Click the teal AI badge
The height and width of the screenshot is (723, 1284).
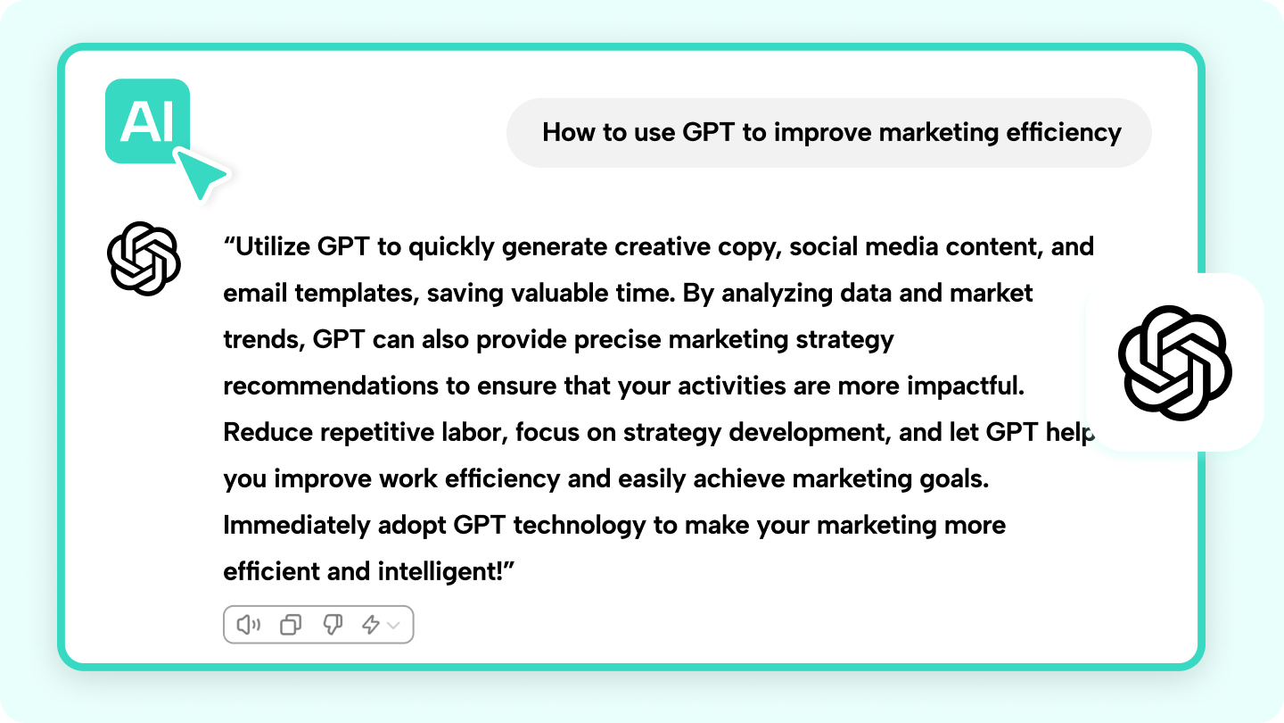point(147,121)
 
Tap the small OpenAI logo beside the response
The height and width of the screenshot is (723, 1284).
point(144,258)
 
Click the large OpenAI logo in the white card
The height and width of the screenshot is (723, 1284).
point(1174,362)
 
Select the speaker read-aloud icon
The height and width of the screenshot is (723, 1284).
point(249,624)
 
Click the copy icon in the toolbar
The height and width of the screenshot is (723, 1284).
point(291,624)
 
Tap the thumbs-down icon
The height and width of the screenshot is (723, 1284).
point(333,624)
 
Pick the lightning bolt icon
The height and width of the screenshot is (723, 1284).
point(371,624)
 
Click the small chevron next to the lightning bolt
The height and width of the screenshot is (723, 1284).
point(393,625)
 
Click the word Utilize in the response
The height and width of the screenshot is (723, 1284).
point(274,246)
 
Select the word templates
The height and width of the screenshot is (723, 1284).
point(357,294)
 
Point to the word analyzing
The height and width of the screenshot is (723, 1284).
point(777,294)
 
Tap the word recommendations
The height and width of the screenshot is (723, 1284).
point(331,386)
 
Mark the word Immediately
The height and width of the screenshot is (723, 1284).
point(296,526)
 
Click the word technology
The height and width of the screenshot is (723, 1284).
point(579,526)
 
